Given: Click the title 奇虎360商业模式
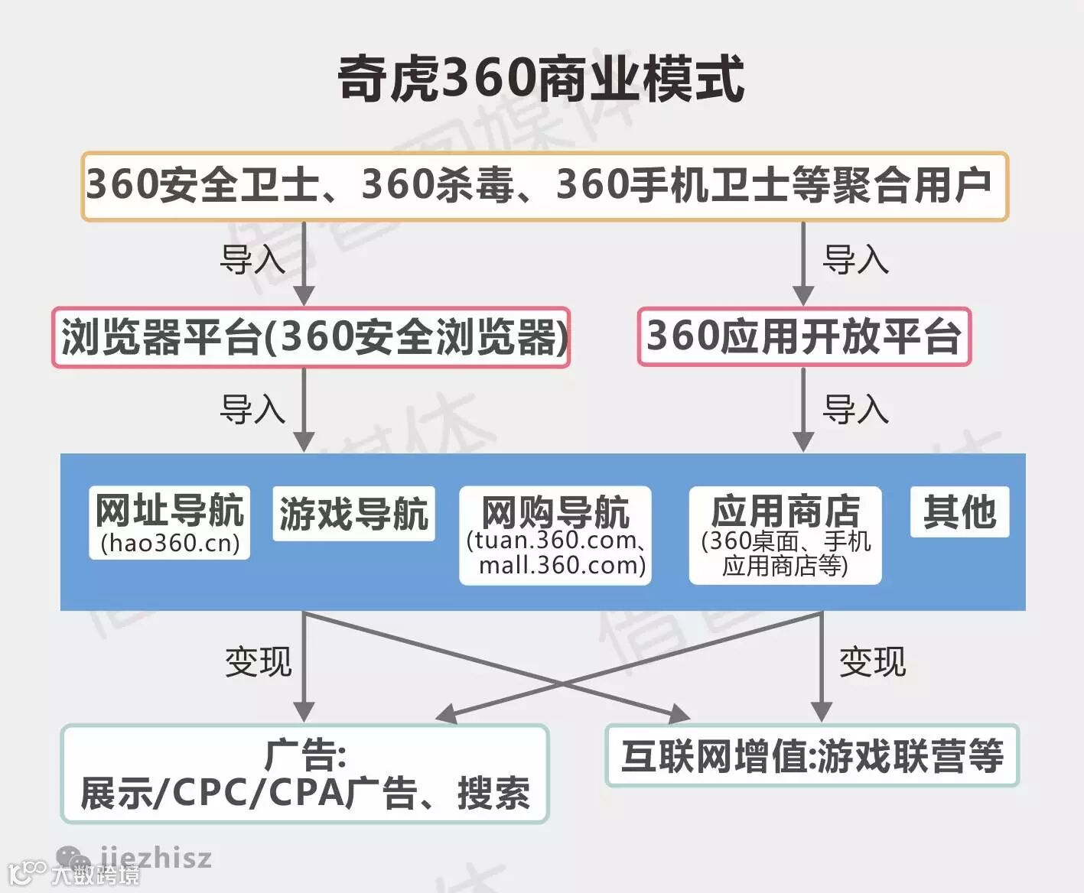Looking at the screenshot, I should pos(541,78).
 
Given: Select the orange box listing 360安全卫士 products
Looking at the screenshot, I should pos(544,187).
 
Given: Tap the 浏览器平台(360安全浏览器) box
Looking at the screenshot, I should pos(311,337).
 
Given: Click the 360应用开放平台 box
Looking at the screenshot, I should pos(804,337).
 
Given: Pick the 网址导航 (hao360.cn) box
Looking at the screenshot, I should pos(169,523).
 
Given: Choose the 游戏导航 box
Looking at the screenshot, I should pos(353,514).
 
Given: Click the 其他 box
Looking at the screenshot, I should pos(959,512).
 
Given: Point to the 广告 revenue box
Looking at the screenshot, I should pos(304,774).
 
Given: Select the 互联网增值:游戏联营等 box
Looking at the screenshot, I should pos(812,756).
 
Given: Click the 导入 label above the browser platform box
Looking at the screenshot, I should pos(252,260).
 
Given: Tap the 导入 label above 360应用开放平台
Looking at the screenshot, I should pos(855,260).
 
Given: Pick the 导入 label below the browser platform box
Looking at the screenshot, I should pos(252,409).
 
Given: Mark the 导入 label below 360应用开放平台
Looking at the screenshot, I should pos(855,409).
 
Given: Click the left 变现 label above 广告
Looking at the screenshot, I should pos(258,661).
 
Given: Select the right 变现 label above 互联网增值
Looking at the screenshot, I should pos(872,661).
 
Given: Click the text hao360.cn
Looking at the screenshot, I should pos(170,543).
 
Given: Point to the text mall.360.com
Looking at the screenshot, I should pos(562,566).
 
